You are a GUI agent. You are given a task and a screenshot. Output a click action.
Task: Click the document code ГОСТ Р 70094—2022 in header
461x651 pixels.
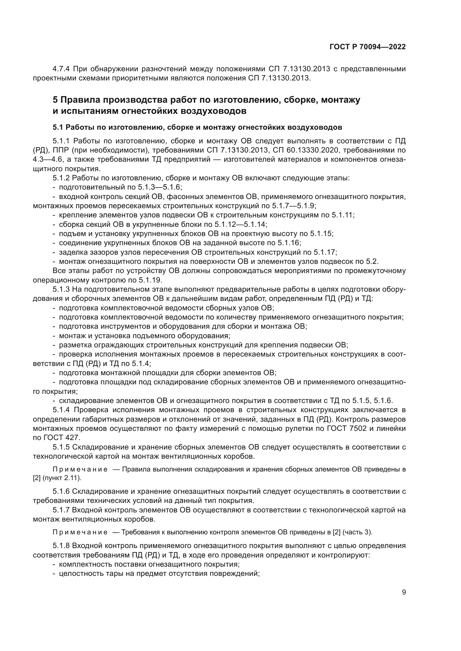point(368,47)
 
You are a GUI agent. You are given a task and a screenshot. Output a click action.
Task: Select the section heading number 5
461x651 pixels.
point(55,100)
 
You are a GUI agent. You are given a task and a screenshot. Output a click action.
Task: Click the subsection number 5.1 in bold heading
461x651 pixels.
point(58,127)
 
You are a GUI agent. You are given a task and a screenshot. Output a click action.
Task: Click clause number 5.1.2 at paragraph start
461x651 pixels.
point(61,178)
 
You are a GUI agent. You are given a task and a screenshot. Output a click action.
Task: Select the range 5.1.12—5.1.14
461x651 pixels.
point(241,225)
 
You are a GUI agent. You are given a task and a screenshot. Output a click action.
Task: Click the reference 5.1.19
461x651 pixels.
point(150,280)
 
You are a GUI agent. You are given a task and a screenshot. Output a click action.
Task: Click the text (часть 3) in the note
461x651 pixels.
point(357,532)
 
